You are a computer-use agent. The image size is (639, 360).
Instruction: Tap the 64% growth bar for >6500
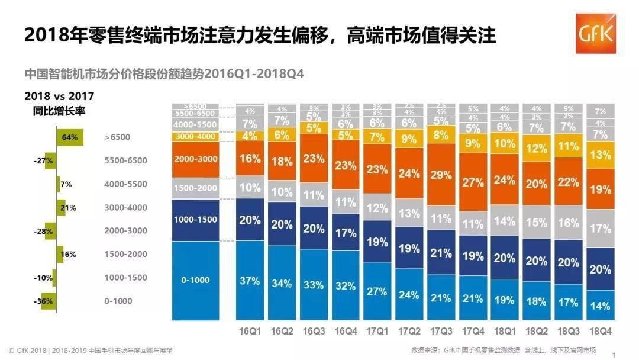coord(70,137)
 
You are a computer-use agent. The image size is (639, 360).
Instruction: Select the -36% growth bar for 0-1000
coord(47,301)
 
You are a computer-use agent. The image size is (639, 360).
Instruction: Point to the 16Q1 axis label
coord(249,330)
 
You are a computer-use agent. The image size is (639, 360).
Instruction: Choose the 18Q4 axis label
coord(600,330)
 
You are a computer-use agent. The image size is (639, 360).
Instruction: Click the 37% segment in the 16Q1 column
coord(249,281)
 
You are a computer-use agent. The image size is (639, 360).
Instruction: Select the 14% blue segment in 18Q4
coord(600,306)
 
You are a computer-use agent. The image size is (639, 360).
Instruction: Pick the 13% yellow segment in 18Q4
coord(600,155)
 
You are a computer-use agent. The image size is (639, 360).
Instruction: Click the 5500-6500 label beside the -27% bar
coord(125,160)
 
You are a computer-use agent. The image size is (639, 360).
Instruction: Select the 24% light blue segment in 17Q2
coord(409,294)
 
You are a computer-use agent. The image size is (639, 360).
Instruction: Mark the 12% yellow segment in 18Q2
coord(537,149)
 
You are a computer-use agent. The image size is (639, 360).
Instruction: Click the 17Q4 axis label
coord(473,330)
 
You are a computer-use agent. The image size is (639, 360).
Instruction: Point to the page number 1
coord(614,354)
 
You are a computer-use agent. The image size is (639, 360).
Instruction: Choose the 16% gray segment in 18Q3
coord(569,223)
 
